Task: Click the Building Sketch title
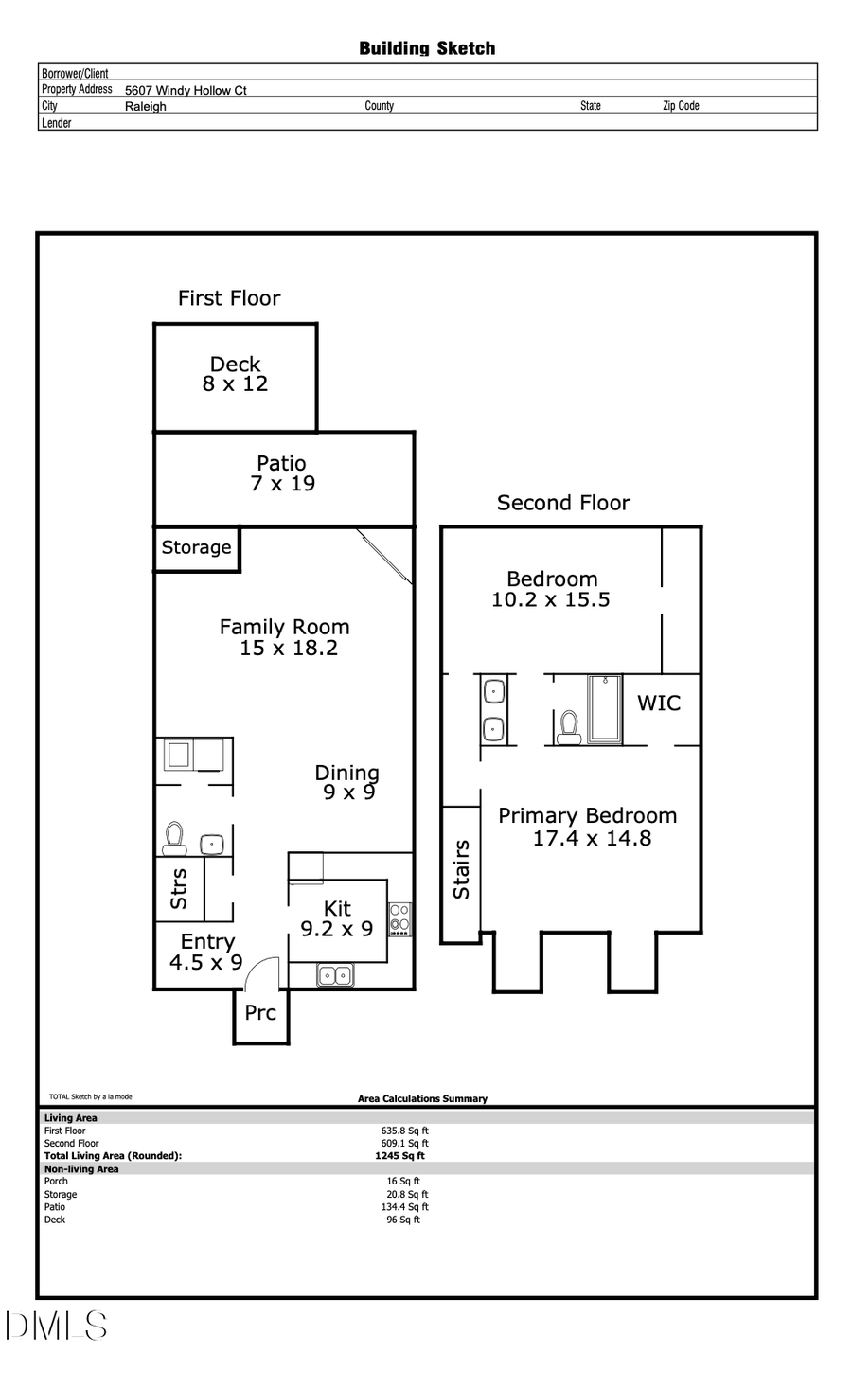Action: [x=427, y=48]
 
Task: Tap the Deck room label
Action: [x=235, y=365]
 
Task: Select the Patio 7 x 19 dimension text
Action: [x=283, y=484]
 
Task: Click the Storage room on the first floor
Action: [x=196, y=548]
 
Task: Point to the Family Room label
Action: [x=284, y=627]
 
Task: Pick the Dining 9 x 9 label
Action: [x=347, y=782]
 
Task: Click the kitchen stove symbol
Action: [x=400, y=918]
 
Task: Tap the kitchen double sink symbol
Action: [x=334, y=975]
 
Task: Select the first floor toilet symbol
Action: [x=174, y=837]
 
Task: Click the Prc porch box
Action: [x=260, y=1014]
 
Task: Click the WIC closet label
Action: [x=659, y=703]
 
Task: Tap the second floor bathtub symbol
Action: [x=604, y=708]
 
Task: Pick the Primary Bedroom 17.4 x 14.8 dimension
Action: [x=592, y=838]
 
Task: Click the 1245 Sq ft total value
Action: [x=399, y=1156]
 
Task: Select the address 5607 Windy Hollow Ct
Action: [x=186, y=90]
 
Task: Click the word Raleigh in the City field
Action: [x=146, y=107]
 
